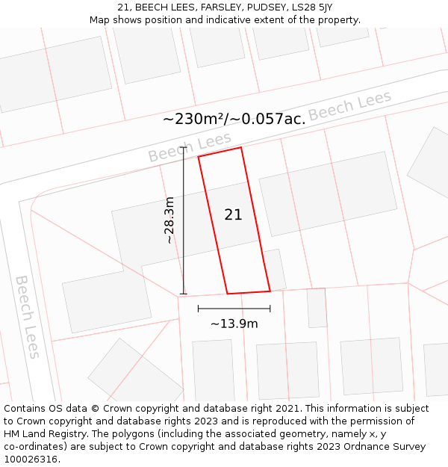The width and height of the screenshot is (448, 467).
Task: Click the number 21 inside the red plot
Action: (x=233, y=215)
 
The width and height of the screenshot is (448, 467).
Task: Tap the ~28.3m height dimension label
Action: (x=169, y=220)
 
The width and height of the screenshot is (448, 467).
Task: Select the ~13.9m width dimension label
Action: (x=234, y=324)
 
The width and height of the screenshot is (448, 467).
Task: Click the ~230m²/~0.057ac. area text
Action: (x=234, y=119)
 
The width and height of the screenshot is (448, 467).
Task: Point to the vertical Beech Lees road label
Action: (x=28, y=317)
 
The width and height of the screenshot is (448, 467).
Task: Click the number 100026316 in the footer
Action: (x=31, y=460)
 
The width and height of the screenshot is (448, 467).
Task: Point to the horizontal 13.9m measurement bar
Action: (x=234, y=308)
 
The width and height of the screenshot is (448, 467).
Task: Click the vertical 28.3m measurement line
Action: (x=184, y=220)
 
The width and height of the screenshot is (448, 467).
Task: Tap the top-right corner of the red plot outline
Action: (x=241, y=147)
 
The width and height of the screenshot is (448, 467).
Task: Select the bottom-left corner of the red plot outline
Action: (x=227, y=294)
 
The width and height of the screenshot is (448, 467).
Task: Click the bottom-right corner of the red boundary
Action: (x=270, y=291)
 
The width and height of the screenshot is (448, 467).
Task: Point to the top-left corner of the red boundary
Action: (x=199, y=157)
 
